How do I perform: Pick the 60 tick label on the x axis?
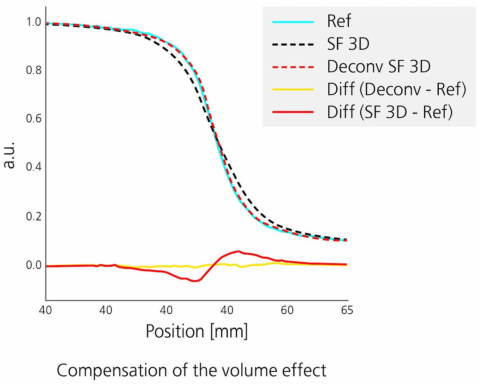287,310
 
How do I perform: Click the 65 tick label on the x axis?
347,310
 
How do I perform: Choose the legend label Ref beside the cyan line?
339,21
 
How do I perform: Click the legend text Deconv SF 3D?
378,67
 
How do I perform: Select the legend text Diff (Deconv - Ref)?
396,89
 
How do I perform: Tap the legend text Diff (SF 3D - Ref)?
389,112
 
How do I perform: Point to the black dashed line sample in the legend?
294,44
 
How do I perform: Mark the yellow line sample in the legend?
294,89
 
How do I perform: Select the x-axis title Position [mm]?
197,331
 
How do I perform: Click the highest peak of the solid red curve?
238,252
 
